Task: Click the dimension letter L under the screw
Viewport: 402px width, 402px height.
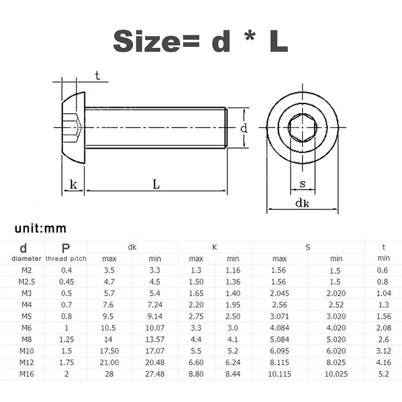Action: pyautogui.click(x=156, y=184)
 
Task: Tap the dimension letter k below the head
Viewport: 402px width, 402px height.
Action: pyautogui.click(x=73, y=184)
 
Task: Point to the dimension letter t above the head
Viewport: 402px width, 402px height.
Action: pyautogui.click(x=97, y=75)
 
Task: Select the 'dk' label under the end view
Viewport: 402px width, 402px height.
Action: pyautogui.click(x=303, y=203)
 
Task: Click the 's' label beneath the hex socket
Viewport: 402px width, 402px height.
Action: pyautogui.click(x=303, y=183)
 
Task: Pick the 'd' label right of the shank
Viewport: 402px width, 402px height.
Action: pyautogui.click(x=244, y=128)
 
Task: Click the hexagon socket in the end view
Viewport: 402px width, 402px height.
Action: pyautogui.click(x=303, y=128)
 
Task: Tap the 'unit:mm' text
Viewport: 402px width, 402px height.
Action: pyautogui.click(x=41, y=228)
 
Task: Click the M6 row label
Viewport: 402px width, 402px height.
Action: pyautogui.click(x=27, y=328)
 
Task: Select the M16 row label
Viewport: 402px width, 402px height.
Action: pyautogui.click(x=27, y=374)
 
